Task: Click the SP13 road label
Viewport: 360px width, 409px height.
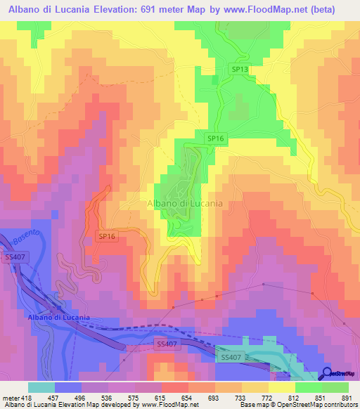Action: (x=239, y=70)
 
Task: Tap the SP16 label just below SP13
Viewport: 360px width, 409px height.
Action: (x=215, y=138)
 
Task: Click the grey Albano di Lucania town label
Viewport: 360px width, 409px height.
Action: (x=185, y=203)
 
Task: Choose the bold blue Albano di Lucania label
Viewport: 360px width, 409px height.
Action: (x=59, y=318)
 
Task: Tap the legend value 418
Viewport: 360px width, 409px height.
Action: (x=26, y=398)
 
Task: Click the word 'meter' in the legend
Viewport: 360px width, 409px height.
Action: (x=11, y=398)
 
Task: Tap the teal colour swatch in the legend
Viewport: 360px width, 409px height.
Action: (x=41, y=387)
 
